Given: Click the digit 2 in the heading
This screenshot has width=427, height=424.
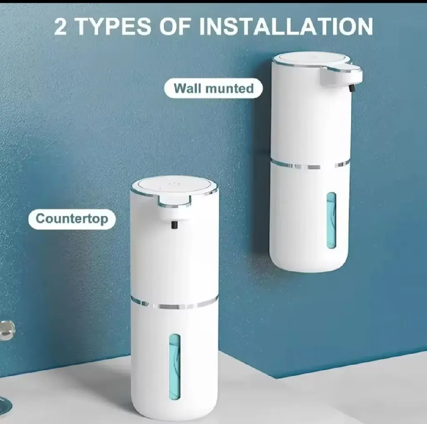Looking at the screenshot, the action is (x=60, y=27).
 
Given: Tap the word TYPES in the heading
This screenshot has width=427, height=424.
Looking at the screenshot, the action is (x=112, y=27).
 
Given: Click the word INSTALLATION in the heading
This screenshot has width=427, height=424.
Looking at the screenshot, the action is (x=286, y=27).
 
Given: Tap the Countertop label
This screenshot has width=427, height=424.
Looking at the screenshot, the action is (x=72, y=219).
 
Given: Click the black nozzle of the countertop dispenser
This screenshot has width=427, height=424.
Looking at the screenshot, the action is (x=174, y=225).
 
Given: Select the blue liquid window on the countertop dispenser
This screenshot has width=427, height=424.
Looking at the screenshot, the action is (x=175, y=367).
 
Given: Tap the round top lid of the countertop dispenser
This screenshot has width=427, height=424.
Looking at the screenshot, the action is (x=174, y=186).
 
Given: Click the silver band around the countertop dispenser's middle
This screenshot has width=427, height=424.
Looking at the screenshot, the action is (x=174, y=304).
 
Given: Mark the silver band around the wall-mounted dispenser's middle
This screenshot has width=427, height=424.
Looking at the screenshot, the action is (x=310, y=165).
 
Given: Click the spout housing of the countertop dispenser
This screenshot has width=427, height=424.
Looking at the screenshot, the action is (x=174, y=210).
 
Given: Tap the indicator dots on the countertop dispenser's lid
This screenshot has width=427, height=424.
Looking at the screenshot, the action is (x=171, y=185).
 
